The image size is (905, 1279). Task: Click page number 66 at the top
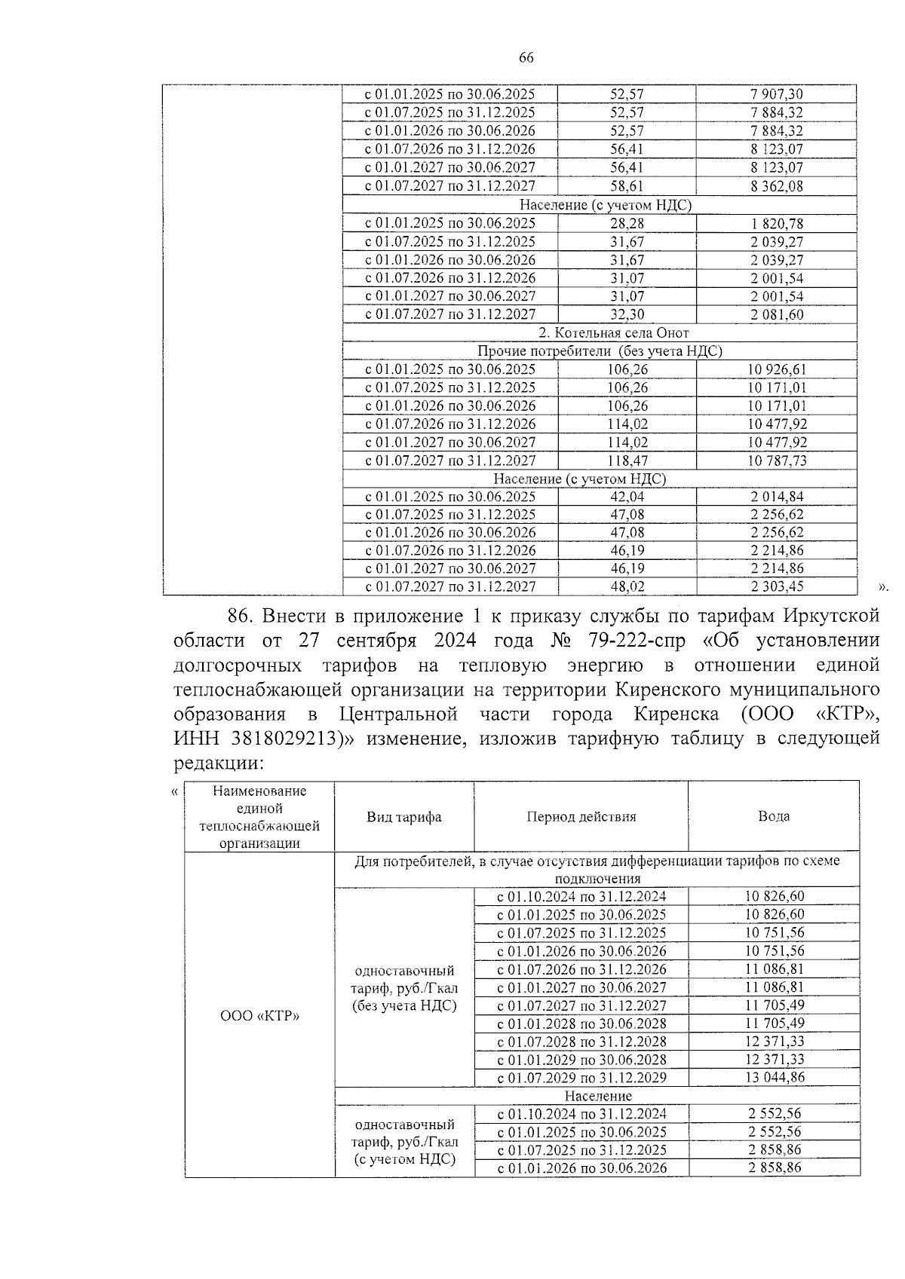[x=526, y=58]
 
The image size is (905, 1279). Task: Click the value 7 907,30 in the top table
[x=777, y=94]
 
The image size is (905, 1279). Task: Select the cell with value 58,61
[x=627, y=185]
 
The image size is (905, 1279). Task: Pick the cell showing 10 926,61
[x=777, y=369]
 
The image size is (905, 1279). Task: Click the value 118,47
[x=627, y=461]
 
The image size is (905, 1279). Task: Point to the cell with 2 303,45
[x=777, y=586]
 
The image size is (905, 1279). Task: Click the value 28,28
[x=627, y=223]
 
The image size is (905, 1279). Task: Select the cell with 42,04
[x=627, y=496]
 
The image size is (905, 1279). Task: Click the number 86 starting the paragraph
[x=238, y=616]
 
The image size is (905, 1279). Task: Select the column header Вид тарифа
[x=404, y=817]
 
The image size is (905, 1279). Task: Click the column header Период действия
[x=581, y=817]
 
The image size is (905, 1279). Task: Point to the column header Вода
[x=774, y=817]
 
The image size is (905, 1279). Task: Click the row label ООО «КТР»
[x=259, y=1015]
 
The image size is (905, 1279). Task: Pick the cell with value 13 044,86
[x=775, y=1077]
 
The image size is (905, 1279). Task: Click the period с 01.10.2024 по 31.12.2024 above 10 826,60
[x=581, y=896]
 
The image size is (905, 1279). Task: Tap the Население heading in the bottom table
[x=598, y=1096]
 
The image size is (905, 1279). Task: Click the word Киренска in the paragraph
[x=686, y=714]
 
